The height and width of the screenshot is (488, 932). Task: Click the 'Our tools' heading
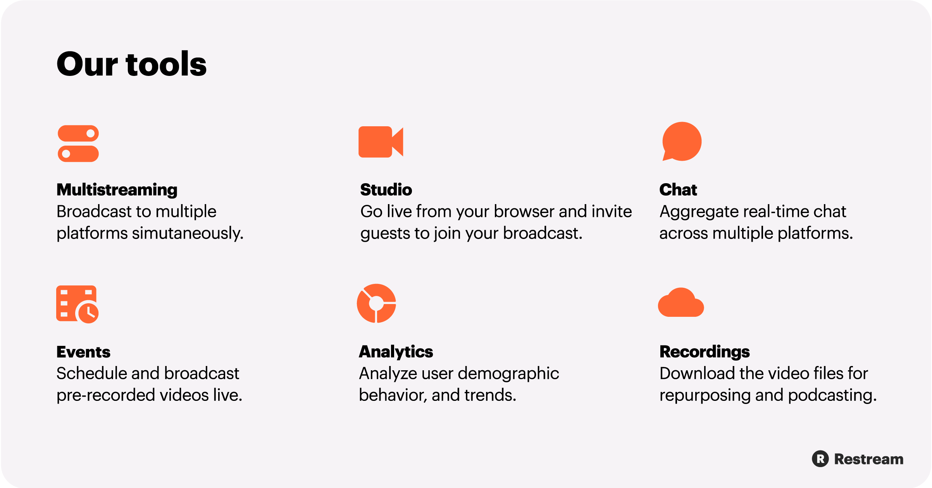point(131,64)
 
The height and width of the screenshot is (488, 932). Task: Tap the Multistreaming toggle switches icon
point(78,143)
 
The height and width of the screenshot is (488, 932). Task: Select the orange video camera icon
point(381,142)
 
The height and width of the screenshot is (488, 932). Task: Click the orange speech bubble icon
point(682,141)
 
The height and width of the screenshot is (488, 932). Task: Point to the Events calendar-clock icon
point(77,304)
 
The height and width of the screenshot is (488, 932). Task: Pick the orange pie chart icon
point(376,303)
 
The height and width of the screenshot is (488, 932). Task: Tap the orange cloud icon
point(681,302)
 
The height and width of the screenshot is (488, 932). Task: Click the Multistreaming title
point(117,190)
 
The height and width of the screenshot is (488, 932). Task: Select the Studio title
point(386,190)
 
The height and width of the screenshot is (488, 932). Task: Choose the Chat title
point(678,190)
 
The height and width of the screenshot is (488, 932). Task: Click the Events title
point(83,352)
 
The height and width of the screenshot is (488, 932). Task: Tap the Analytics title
point(396,352)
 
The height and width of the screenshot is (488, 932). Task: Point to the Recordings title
point(705,352)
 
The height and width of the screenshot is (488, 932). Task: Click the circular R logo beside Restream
point(820,459)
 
